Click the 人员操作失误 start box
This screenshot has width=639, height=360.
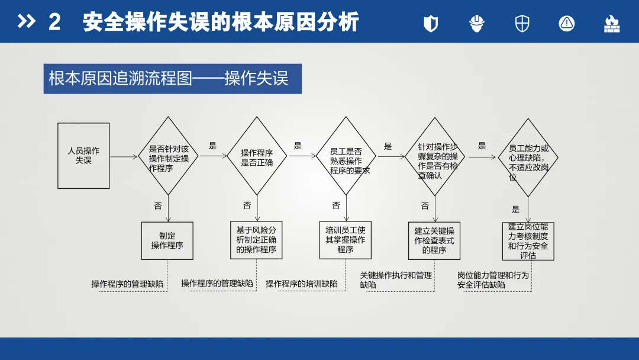[x=83, y=156]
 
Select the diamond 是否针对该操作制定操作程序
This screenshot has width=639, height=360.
[x=169, y=156]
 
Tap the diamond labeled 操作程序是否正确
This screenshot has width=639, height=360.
[x=257, y=156]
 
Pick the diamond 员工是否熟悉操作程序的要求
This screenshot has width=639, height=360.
[x=346, y=156]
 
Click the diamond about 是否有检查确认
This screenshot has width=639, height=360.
[x=435, y=157]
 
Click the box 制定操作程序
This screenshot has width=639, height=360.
[x=167, y=240]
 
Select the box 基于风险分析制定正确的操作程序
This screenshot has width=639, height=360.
[x=256, y=240]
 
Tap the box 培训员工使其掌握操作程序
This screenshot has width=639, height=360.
[x=346, y=240]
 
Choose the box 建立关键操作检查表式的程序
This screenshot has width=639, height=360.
[x=434, y=240]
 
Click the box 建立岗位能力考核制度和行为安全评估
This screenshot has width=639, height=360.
[x=528, y=241]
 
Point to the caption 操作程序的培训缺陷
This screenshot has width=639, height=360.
[x=302, y=284]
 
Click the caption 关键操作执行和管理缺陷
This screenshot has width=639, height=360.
[x=396, y=280]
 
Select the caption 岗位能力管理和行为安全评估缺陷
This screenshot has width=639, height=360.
[x=493, y=280]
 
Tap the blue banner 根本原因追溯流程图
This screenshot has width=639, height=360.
[x=172, y=79]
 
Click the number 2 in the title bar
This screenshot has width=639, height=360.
[x=54, y=22]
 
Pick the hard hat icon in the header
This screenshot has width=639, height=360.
[x=477, y=23]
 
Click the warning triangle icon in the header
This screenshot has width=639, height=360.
[x=567, y=23]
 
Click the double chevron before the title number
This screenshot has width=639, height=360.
[x=27, y=22]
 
